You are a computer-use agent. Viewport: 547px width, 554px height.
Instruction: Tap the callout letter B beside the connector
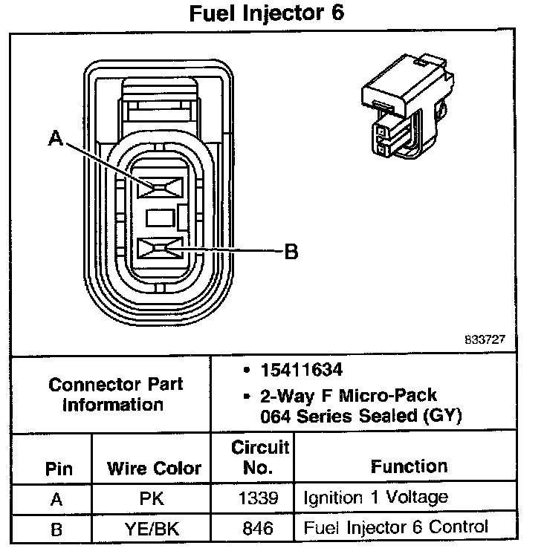click(x=291, y=252)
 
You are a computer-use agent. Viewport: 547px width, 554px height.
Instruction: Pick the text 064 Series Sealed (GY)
click(x=360, y=416)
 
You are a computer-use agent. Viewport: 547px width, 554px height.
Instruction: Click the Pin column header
click(x=59, y=469)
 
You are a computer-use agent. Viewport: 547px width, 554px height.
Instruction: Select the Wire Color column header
click(x=155, y=469)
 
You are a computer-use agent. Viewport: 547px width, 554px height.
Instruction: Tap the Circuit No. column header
click(x=260, y=458)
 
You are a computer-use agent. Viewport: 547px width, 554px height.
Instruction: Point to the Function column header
click(x=409, y=466)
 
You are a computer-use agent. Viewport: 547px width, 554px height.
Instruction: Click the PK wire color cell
click(x=152, y=499)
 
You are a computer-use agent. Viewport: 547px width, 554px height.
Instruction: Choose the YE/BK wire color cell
click(x=152, y=528)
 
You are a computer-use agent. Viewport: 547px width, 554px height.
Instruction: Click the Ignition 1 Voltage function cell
click(x=375, y=498)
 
